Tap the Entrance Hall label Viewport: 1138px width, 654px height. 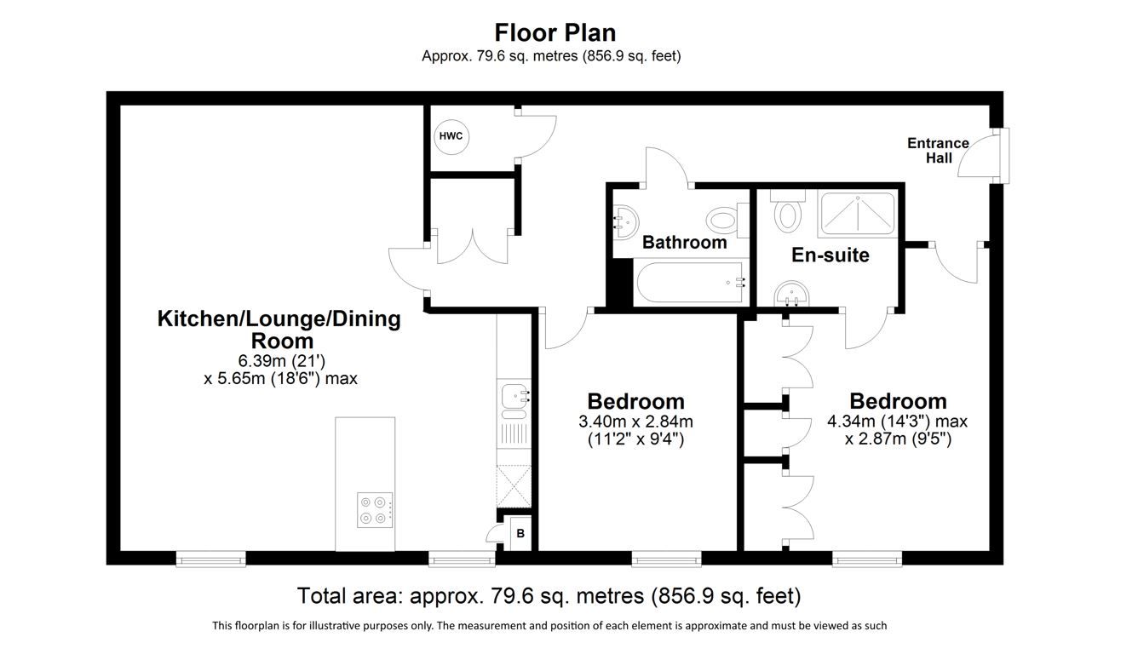pyautogui.click(x=938, y=151)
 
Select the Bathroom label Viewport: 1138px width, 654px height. pyautogui.click(x=684, y=243)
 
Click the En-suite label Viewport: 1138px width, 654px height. pyautogui.click(x=830, y=255)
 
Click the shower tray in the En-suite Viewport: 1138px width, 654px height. pyautogui.click(x=856, y=215)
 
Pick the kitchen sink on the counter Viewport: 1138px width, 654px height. pyautogui.click(x=514, y=396)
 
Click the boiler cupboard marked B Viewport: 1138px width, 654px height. pyautogui.click(x=520, y=534)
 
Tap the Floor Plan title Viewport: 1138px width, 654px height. pyautogui.click(x=555, y=32)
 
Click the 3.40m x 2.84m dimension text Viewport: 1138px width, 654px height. pyautogui.click(x=635, y=422)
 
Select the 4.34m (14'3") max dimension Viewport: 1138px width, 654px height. pyautogui.click(x=897, y=421)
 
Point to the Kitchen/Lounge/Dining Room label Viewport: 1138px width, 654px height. pyautogui.click(x=279, y=330)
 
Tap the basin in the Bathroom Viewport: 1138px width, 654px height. pyautogui.click(x=624, y=221)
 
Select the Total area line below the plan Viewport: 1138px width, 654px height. pyautogui.click(x=549, y=594)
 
